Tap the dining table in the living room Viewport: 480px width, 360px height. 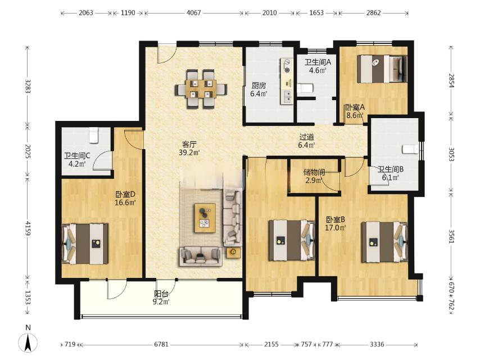201,89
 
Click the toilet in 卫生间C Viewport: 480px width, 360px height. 94,136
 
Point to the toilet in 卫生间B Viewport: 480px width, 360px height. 410,149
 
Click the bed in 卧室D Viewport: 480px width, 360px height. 85,244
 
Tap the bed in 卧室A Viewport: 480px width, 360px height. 382,69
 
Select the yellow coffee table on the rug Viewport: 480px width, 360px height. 205,218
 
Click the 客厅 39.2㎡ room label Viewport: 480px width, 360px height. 189,148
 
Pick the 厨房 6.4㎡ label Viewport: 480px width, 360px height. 259,89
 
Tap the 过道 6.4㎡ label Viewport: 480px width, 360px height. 307,141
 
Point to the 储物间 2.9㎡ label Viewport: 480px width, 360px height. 314,176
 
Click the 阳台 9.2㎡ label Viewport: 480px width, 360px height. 161,298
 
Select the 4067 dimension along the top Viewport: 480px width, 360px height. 193,12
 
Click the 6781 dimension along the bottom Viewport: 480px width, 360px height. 161,344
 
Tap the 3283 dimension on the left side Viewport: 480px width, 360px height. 28,87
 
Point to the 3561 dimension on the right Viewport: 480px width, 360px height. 451,236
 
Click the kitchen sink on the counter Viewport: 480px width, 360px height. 287,96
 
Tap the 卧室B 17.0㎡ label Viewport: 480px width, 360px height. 336,224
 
